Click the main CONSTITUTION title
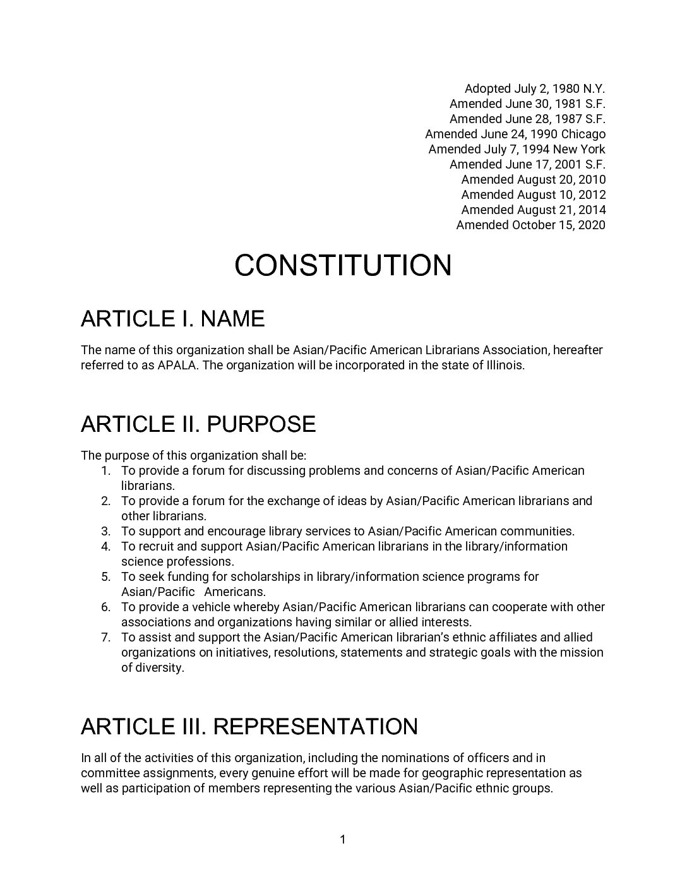[x=343, y=265]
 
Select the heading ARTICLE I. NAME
[x=172, y=319]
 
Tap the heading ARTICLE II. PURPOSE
[x=198, y=424]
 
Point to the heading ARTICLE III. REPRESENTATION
[x=249, y=727]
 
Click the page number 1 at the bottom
[x=343, y=839]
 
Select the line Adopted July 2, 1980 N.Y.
[x=535, y=88]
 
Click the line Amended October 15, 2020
[x=530, y=225]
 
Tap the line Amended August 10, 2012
[x=533, y=194]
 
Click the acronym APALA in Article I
[x=177, y=365]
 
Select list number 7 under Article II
[x=106, y=637]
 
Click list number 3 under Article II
[x=106, y=531]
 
